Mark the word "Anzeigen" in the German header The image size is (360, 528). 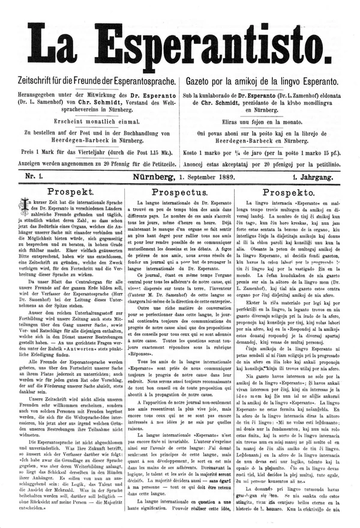coord(35,164)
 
